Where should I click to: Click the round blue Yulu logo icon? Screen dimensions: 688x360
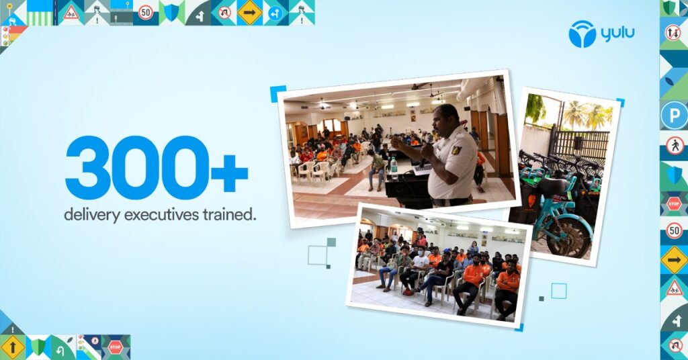583,34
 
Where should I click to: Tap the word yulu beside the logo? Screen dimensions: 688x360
618,34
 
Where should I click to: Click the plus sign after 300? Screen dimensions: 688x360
230,171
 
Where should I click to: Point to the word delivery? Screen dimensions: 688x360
91,215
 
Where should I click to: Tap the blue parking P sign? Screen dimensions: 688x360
674,116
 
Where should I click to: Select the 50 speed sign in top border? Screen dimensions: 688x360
146,12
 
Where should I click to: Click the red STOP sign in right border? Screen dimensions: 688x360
674,204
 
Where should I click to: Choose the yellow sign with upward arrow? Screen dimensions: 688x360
12,347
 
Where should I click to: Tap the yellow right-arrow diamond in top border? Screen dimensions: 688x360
249,12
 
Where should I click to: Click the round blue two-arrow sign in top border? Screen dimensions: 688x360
275,13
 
